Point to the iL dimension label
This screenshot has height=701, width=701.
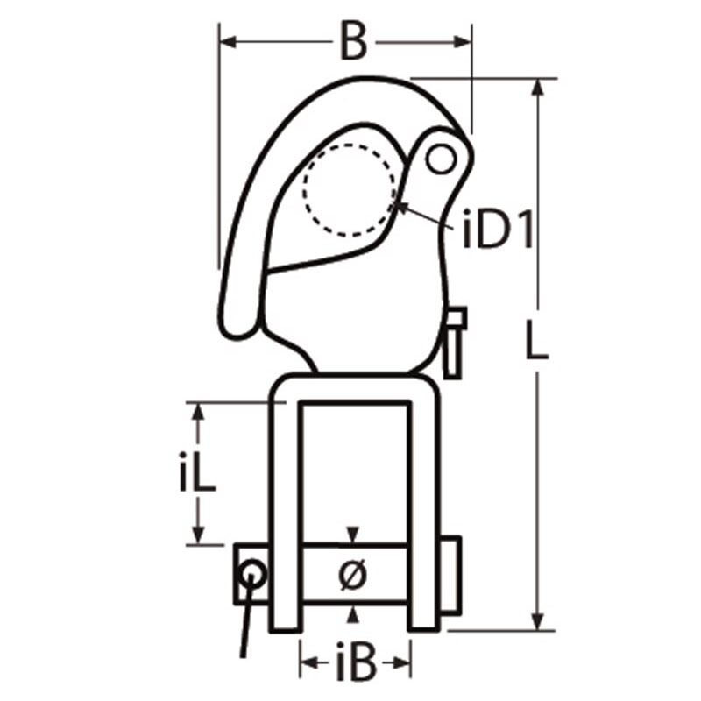(197, 472)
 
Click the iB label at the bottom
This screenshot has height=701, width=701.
(356, 662)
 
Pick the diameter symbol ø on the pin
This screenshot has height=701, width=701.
(353, 574)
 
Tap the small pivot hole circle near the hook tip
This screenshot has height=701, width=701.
(441, 159)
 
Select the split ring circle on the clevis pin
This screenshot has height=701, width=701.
(252, 575)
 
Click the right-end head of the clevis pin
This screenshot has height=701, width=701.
(450, 574)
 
